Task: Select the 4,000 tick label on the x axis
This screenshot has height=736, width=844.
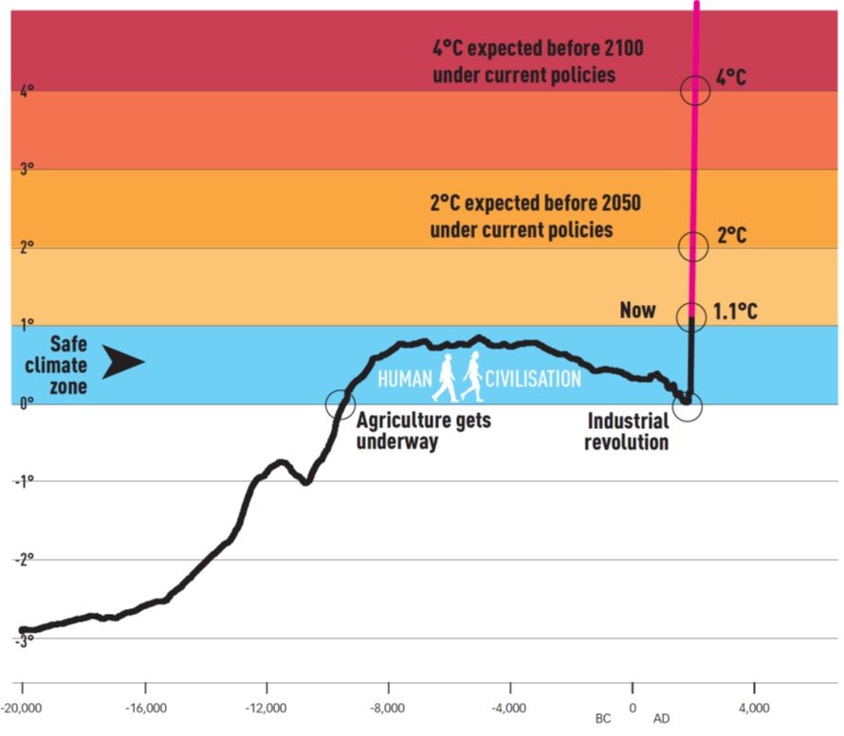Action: [x=754, y=709]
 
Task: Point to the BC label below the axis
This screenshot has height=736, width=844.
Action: [x=603, y=720]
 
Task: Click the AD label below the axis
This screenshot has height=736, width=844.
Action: [x=661, y=720]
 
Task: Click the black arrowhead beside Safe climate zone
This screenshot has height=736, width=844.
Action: [x=122, y=363]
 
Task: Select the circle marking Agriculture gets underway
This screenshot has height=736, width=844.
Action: [x=340, y=404]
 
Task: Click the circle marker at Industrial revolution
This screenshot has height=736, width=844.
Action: [x=688, y=405]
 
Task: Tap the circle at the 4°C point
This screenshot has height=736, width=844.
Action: [x=695, y=90]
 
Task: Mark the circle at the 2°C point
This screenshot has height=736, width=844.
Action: [x=693, y=246]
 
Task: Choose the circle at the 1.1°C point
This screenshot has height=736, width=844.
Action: [x=691, y=317]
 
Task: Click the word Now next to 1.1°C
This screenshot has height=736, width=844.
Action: [x=637, y=311]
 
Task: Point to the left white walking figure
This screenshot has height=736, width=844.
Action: [x=444, y=377]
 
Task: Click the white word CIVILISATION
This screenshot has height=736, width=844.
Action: [x=533, y=379]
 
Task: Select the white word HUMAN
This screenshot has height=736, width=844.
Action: [x=404, y=379]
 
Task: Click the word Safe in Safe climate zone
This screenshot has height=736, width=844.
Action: [x=67, y=344]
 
